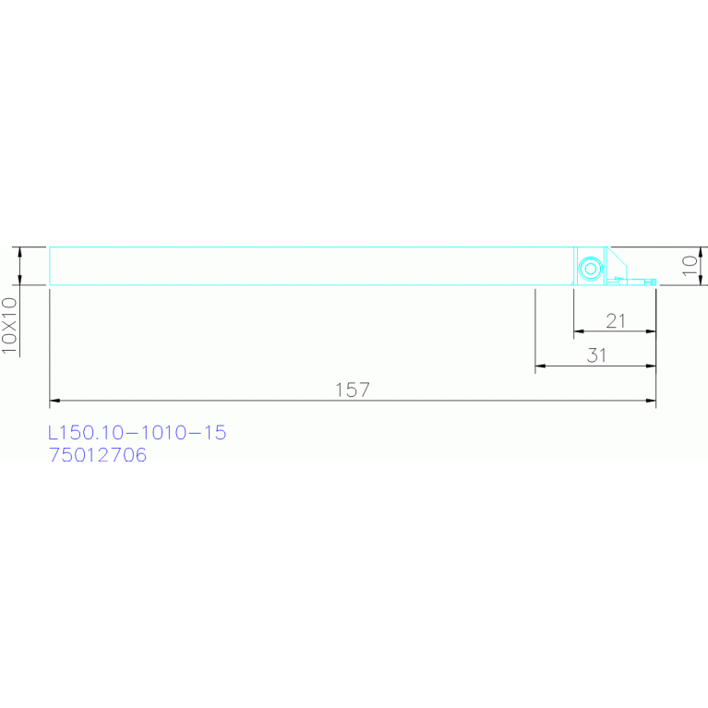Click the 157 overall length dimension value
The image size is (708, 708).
tap(352, 390)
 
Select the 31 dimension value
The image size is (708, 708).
tap(596, 355)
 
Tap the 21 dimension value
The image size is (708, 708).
tap(616, 320)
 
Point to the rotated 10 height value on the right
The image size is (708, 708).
tap(689, 266)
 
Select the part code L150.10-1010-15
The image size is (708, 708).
tap(137, 432)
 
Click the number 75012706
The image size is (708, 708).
tap(97, 455)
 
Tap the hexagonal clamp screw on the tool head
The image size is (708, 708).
tap(589, 270)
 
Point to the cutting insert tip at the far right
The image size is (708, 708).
tap(652, 282)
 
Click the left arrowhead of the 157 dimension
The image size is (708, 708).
tap(54, 402)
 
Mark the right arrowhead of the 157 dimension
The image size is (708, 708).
tap(651, 402)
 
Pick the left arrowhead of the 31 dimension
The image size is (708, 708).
tap(540, 366)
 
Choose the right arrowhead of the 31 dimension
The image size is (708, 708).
tap(651, 366)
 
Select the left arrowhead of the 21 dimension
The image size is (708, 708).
tap(578, 331)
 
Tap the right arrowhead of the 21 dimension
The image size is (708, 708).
tap(651, 331)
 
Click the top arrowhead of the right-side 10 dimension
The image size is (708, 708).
tap(702, 252)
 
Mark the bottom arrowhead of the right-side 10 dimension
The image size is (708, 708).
tap(702, 281)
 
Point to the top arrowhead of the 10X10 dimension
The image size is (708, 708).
tap(19, 252)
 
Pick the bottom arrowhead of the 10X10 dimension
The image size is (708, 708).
tap(19, 281)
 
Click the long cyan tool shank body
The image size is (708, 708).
tap(305, 266)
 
